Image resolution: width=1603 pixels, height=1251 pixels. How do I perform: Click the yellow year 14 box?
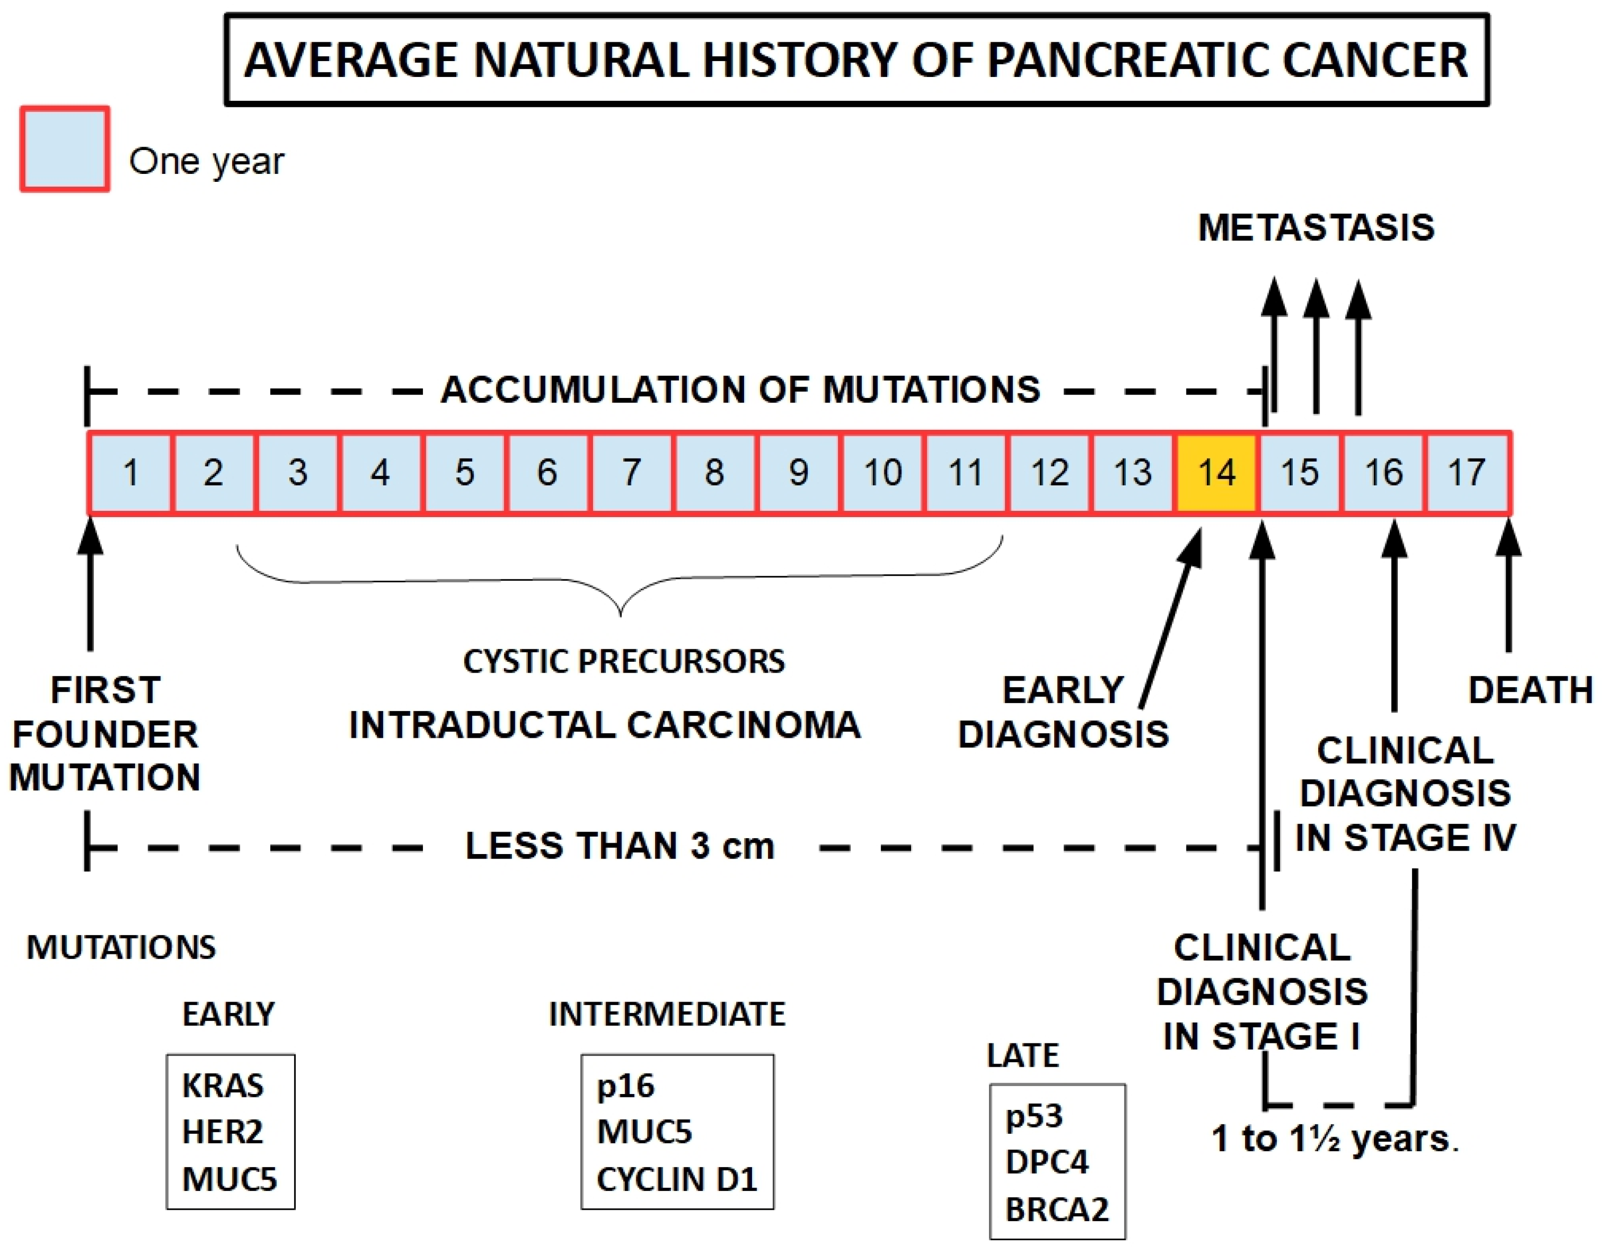[x=1216, y=472]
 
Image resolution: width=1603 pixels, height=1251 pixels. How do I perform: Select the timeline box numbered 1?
[x=131, y=472]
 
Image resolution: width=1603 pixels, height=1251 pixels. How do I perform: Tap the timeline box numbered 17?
[x=1466, y=472]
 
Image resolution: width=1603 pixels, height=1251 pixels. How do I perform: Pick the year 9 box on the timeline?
[x=799, y=472]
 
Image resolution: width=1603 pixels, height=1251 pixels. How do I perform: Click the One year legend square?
[x=65, y=149]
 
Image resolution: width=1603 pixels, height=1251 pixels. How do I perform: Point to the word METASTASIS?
[x=1316, y=228]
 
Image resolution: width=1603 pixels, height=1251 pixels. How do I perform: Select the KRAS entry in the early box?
[x=222, y=1085]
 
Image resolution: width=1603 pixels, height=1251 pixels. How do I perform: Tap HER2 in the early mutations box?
[x=222, y=1131]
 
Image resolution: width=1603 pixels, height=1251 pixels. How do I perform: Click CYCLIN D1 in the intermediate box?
[x=676, y=1179]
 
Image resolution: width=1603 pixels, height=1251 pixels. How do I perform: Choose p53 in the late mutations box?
[x=1033, y=1115]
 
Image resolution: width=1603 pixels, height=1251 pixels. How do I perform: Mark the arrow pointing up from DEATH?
[x=1509, y=587]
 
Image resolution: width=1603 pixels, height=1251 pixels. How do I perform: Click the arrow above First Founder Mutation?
[x=90, y=587]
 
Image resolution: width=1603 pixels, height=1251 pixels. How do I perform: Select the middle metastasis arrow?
[x=1316, y=345]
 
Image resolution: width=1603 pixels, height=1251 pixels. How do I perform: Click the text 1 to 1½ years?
[x=1335, y=1139]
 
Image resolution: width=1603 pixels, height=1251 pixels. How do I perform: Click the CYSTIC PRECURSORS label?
[x=623, y=661]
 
